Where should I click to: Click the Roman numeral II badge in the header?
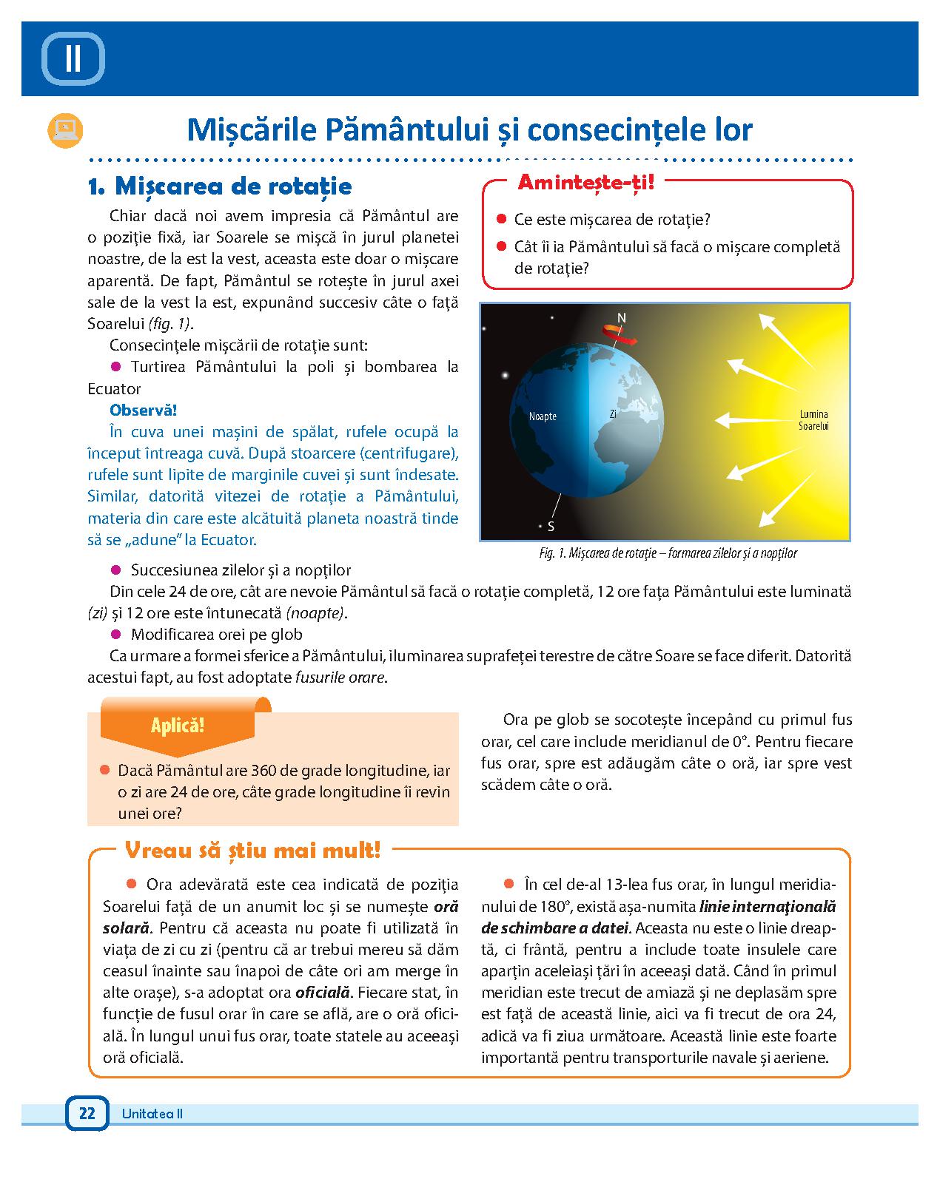pyautogui.click(x=73, y=58)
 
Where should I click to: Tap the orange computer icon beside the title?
pyautogui.click(x=65, y=130)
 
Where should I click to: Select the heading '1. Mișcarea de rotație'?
pyautogui.click(x=219, y=186)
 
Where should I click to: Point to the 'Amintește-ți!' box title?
pyautogui.click(x=585, y=182)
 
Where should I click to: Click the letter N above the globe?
pyautogui.click(x=622, y=318)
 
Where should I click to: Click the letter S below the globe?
pyautogui.click(x=551, y=527)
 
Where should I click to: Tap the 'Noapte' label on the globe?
pyautogui.click(x=543, y=416)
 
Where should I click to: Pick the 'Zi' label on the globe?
pyautogui.click(x=613, y=415)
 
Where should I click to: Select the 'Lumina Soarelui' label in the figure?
pyautogui.click(x=813, y=420)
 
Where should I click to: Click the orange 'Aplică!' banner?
pyautogui.click(x=178, y=725)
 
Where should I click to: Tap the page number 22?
pyautogui.click(x=87, y=1113)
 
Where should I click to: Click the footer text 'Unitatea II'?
pyautogui.click(x=152, y=1114)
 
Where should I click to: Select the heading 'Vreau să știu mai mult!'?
pyautogui.click(x=252, y=851)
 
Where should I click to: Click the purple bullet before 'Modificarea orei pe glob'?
pyautogui.click(x=115, y=634)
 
